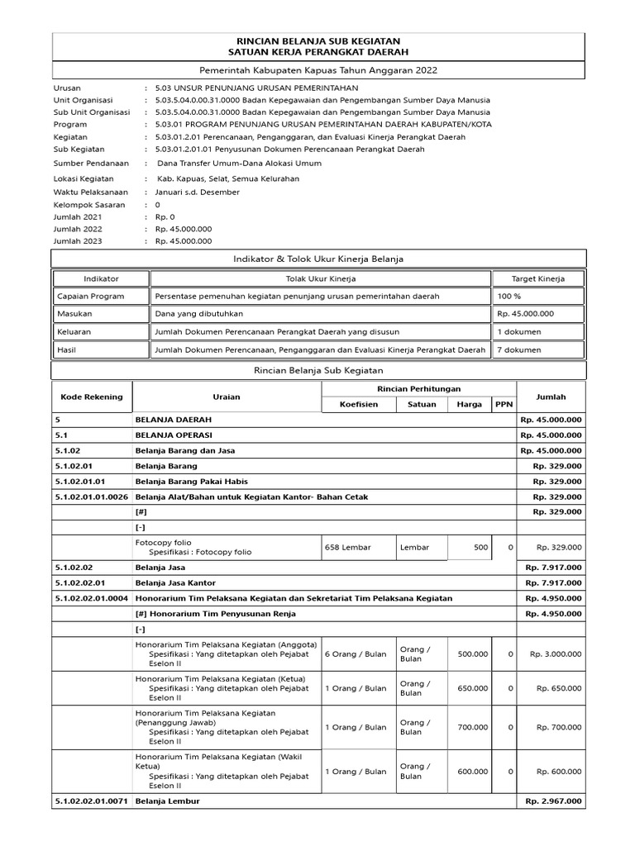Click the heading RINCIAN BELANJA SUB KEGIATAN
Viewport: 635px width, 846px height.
[318, 40]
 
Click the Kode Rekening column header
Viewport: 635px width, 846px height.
[92, 397]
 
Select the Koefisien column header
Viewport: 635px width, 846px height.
[359, 404]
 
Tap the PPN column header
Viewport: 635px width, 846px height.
[504, 404]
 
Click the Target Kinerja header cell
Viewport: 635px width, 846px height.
[538, 278]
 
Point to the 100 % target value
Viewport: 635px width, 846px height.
[509, 296]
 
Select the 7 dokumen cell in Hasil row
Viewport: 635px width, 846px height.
[519, 349]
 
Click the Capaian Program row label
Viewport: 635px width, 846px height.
[91, 296]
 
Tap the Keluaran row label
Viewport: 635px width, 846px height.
[74, 331]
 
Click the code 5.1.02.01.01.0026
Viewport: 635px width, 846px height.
[92, 497]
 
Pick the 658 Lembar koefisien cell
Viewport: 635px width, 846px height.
[348, 547]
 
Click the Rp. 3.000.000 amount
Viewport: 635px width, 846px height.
[556, 654]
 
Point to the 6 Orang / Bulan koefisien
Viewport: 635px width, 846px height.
[356, 654]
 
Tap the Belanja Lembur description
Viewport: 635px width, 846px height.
[168, 801]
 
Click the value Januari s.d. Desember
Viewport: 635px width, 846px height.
[198, 192]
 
